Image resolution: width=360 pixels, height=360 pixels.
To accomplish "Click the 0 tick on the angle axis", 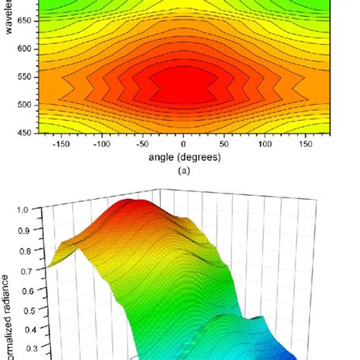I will (182, 144).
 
